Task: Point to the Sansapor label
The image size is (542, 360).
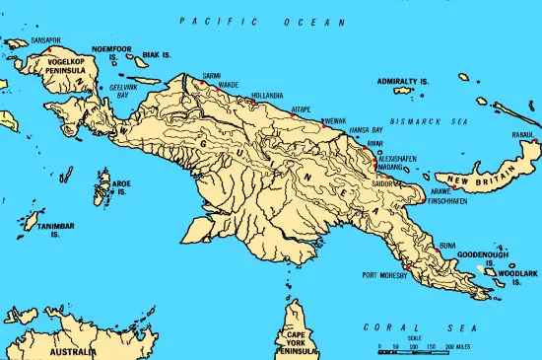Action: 46,40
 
